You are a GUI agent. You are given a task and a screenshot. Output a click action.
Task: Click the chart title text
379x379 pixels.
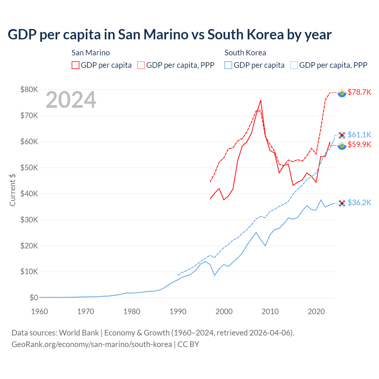tap(169, 35)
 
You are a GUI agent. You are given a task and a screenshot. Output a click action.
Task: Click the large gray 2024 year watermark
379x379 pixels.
tap(71, 100)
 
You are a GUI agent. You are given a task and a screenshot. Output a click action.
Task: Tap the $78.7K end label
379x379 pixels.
tap(359, 92)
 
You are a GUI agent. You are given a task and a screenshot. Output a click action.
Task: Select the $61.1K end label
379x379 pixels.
tap(359, 135)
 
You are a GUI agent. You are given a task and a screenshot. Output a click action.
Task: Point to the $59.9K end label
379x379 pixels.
tap(359, 144)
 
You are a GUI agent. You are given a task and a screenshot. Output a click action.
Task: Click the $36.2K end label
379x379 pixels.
tap(359, 203)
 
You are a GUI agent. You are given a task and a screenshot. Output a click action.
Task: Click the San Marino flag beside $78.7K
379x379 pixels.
tap(342, 93)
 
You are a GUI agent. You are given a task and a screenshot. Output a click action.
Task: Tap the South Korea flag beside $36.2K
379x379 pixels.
tap(342, 203)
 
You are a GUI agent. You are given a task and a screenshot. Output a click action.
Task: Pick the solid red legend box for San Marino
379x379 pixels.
tap(76, 65)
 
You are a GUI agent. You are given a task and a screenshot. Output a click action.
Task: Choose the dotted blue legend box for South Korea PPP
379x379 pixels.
tap(294, 65)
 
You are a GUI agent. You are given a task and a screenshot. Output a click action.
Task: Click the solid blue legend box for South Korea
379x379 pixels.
tap(228, 65)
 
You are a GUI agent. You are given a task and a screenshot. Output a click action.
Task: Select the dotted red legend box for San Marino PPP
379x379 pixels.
tap(141, 65)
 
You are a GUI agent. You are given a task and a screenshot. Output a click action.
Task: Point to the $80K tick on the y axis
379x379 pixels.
tap(29, 89)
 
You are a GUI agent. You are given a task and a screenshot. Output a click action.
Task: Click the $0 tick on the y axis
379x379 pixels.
tap(33, 298)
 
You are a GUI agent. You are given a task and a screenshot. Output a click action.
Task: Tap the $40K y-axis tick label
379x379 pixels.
tap(29, 194)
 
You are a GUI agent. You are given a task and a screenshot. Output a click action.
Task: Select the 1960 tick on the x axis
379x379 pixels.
tap(39, 311)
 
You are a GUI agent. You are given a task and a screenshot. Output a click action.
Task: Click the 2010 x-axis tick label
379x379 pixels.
tap(270, 311)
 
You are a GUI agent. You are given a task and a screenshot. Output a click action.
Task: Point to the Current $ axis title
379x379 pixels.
tap(12, 190)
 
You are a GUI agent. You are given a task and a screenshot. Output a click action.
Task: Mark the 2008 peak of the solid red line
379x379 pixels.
tap(261, 100)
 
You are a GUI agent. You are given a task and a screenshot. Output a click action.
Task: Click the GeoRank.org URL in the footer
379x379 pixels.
tap(92, 344)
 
